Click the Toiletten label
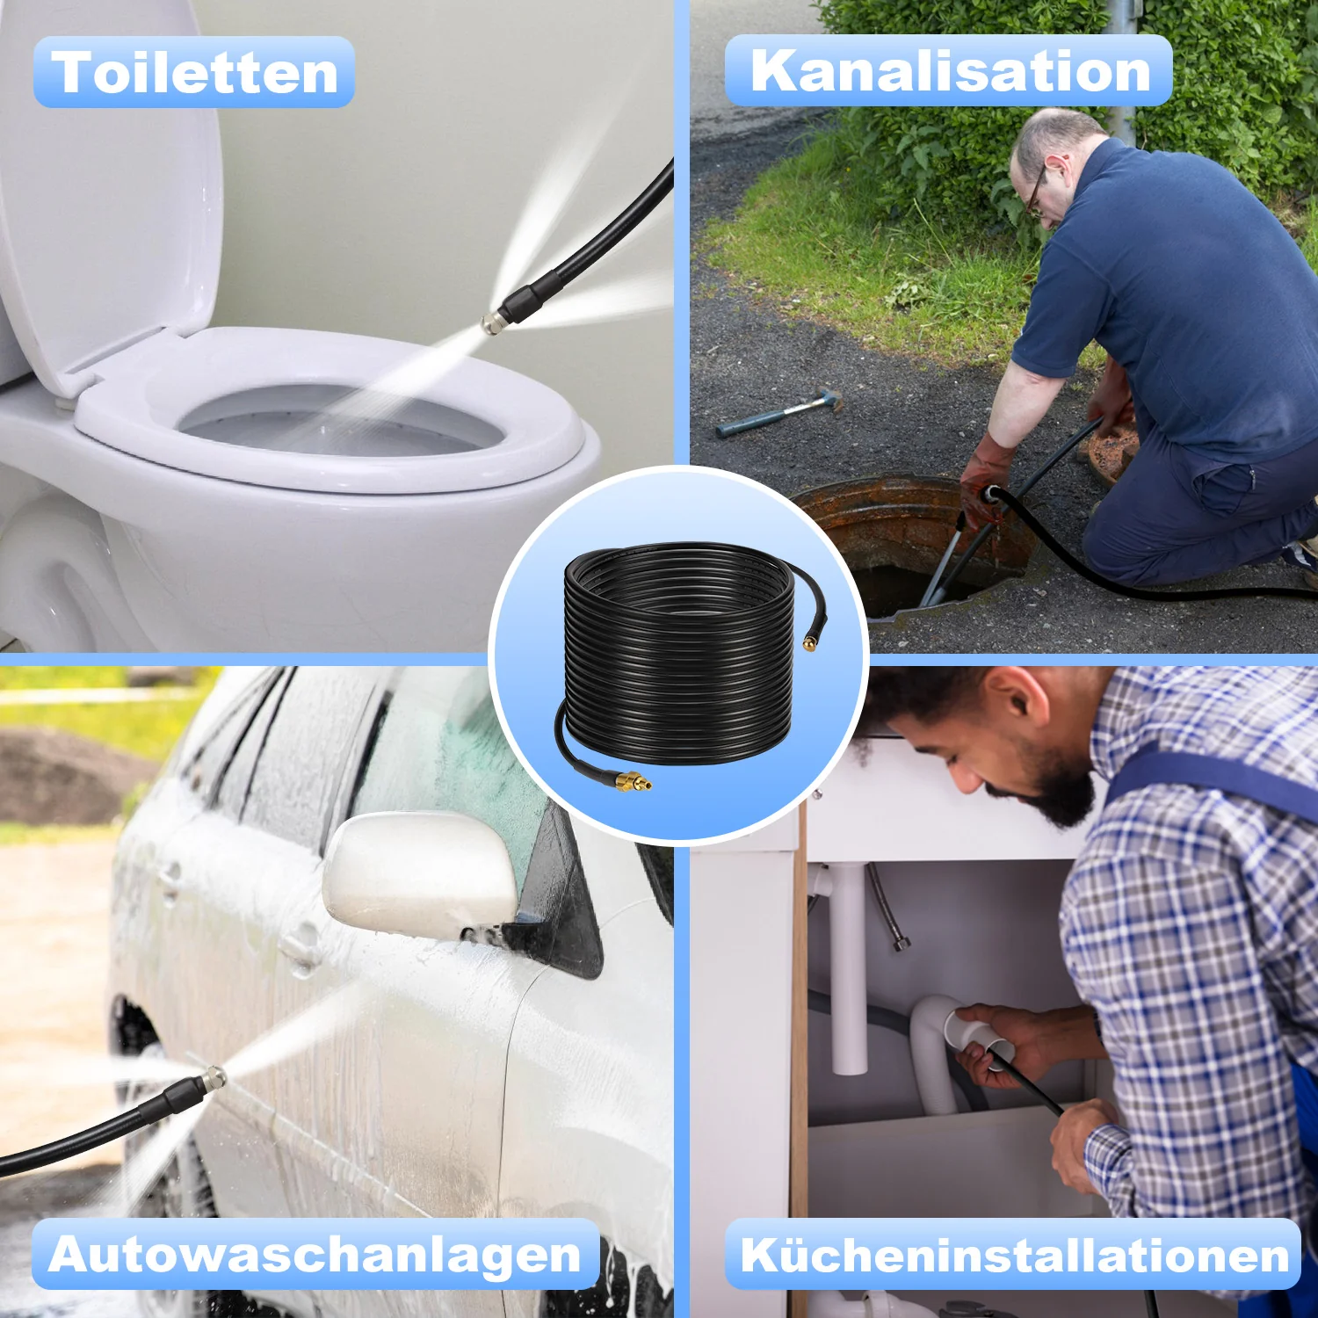[194, 72]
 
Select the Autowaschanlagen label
[315, 1254]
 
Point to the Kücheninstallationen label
[1014, 1254]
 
